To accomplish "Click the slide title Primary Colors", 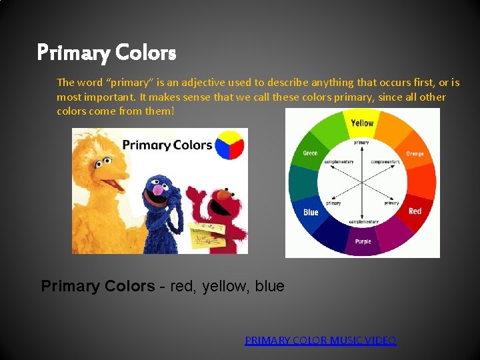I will [106, 52].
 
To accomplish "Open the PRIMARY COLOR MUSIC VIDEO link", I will [320, 341].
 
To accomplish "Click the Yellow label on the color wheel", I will [362, 123].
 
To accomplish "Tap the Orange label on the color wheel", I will [415, 154].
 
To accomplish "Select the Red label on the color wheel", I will [415, 211].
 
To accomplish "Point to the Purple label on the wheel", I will [363, 242].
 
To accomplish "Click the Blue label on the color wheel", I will [311, 212].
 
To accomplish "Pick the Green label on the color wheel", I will [310, 153].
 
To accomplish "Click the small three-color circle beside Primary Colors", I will [230, 145].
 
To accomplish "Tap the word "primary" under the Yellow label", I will [361, 143].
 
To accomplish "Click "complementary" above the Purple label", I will [363, 222].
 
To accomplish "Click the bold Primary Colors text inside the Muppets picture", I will [167, 145].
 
